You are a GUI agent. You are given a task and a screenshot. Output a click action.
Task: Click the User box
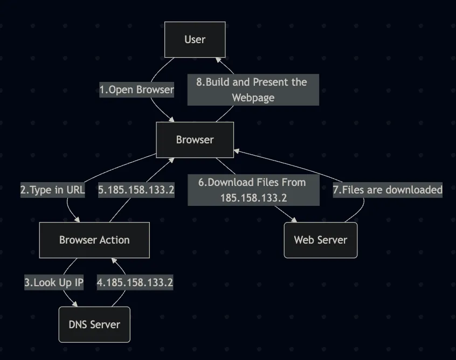[x=195, y=39]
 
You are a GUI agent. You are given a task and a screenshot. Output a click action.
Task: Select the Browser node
[x=195, y=140]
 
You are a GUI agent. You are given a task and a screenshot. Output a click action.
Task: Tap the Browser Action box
[x=94, y=240]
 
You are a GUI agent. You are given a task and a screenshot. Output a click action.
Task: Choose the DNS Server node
[x=94, y=324]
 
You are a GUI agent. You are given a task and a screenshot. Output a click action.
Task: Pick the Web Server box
[x=320, y=240]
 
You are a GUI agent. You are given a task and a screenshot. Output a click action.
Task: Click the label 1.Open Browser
[x=136, y=89]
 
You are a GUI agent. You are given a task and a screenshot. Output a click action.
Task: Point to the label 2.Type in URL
[x=53, y=190]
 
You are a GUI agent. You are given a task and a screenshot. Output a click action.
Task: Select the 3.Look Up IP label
[x=54, y=282]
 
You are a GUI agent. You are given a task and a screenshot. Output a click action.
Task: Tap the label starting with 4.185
[x=135, y=282]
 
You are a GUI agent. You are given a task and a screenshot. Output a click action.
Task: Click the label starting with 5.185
[x=136, y=190]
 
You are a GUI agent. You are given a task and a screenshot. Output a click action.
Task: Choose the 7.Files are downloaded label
[x=387, y=190]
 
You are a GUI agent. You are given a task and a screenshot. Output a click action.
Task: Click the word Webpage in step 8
[x=253, y=98]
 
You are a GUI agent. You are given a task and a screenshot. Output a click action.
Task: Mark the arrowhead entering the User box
[x=217, y=60]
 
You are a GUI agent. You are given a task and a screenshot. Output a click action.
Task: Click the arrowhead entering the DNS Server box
[x=81, y=304]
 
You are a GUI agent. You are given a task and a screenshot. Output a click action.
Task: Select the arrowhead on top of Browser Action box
[x=79, y=220]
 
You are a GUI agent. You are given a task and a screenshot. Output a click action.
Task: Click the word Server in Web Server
[x=335, y=240]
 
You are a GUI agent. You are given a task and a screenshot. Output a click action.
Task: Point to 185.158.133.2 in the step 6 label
[x=253, y=198]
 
